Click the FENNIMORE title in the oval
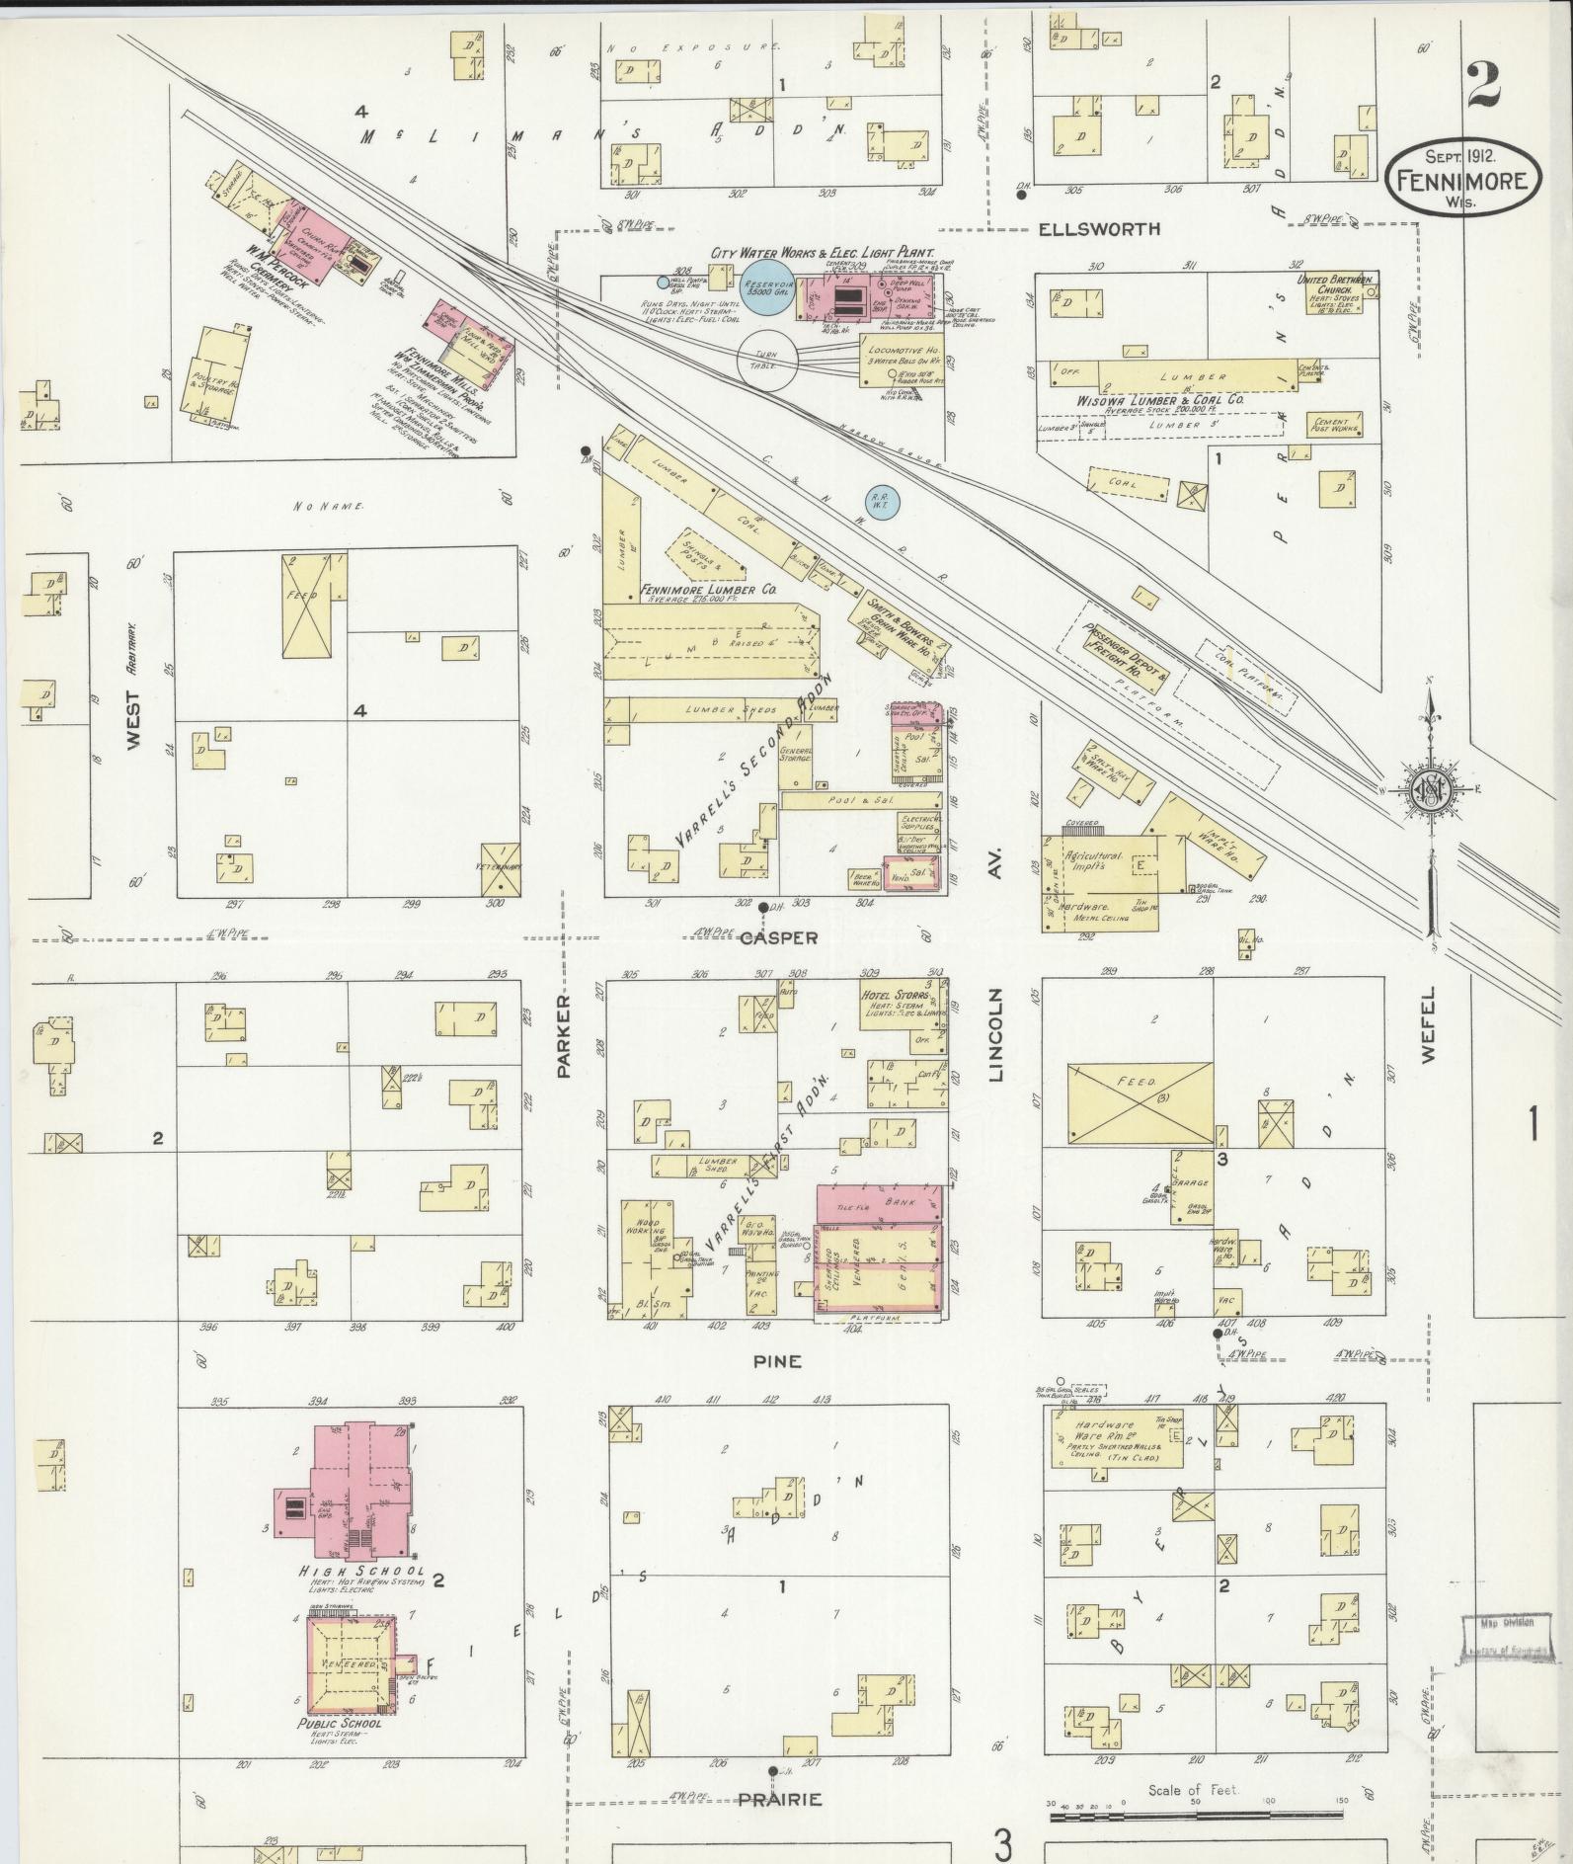pyautogui.click(x=1462, y=181)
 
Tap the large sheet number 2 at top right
pyautogui.click(x=1483, y=85)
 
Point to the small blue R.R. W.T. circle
pyautogui.click(x=879, y=503)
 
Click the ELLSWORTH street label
pyautogui.click(x=1099, y=229)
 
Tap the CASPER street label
pyautogui.click(x=780, y=937)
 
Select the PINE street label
pyautogui.click(x=779, y=1361)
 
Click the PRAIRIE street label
pyautogui.click(x=780, y=1799)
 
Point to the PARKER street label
pyautogui.click(x=565, y=1036)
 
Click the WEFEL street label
pyautogui.click(x=1429, y=1027)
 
